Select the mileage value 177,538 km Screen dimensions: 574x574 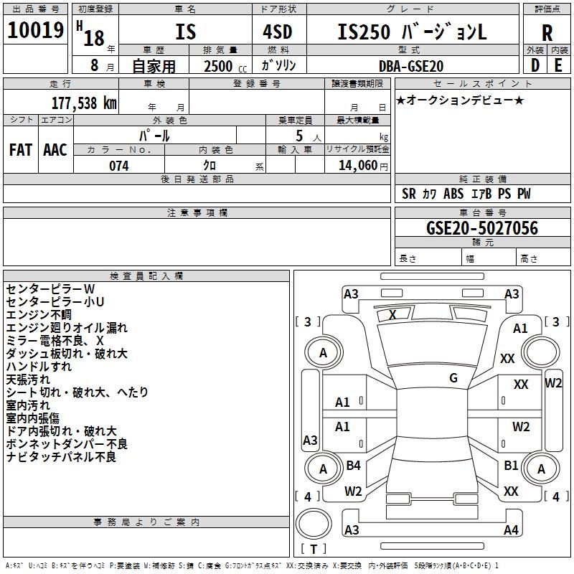(x=84, y=103)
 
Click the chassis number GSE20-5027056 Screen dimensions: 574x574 (x=481, y=228)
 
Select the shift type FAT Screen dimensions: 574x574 (x=20, y=150)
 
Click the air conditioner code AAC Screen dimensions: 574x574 (x=55, y=150)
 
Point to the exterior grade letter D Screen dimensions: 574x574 (x=535, y=66)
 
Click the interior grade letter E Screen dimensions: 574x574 (x=558, y=66)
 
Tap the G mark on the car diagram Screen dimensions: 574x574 (x=453, y=378)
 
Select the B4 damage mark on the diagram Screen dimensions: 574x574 (x=353, y=466)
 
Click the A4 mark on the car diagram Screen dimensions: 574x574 (x=511, y=530)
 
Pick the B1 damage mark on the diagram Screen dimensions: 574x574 (x=511, y=466)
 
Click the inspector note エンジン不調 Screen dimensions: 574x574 (x=39, y=314)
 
